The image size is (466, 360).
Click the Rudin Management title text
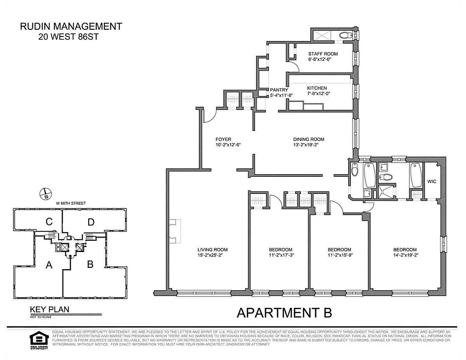click(71, 27)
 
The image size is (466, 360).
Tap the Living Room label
click(213, 250)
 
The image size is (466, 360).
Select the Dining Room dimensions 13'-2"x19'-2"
click(309, 145)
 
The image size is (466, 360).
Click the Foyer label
click(223, 139)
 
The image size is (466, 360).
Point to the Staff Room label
click(323, 54)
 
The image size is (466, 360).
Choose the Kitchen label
click(317, 88)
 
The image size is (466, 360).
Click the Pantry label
click(279, 90)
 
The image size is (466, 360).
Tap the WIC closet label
click(432, 182)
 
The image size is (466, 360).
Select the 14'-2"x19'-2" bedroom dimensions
click(405, 256)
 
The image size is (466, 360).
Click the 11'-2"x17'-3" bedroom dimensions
click(281, 256)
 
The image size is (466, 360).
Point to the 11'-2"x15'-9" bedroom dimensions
click(339, 256)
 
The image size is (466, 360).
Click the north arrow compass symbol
click(46, 194)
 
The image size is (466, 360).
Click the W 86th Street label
click(71, 203)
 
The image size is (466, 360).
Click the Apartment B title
click(284, 312)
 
